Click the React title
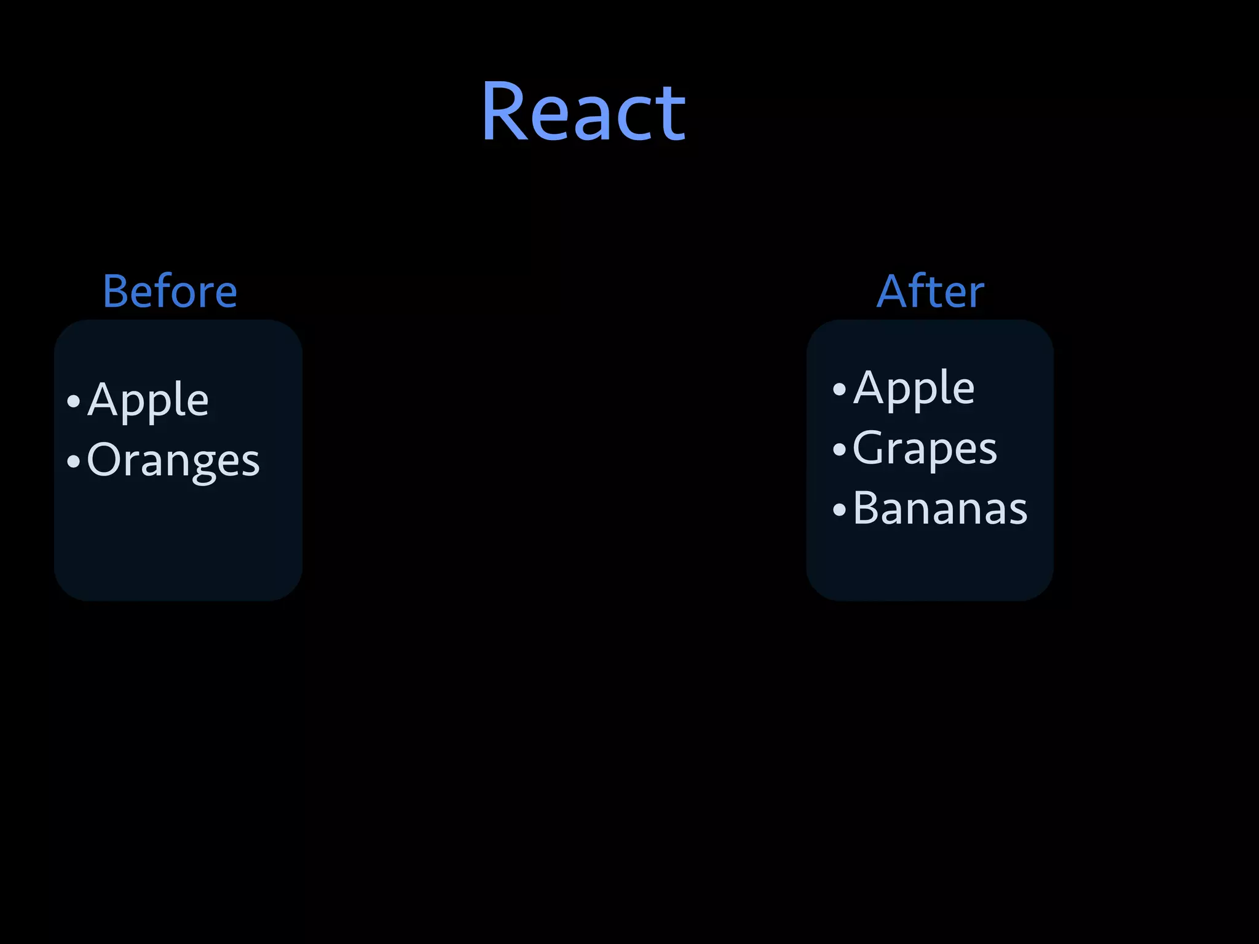pyautogui.click(x=583, y=112)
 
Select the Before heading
pyautogui.click(x=170, y=291)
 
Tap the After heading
pyautogui.click(x=930, y=291)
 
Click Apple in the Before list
pyautogui.click(x=148, y=400)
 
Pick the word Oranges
pyautogui.click(x=173, y=460)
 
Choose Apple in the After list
pyautogui.click(x=914, y=388)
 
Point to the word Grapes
pyautogui.click(x=925, y=449)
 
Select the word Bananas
pyautogui.click(x=940, y=509)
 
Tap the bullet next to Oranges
pyautogui.click(x=74, y=462)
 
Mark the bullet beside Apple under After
pyautogui.click(x=839, y=389)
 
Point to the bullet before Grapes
pyautogui.click(x=839, y=449)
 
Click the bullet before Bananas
pyautogui.click(x=839, y=509)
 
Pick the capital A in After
pyautogui.click(x=892, y=291)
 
